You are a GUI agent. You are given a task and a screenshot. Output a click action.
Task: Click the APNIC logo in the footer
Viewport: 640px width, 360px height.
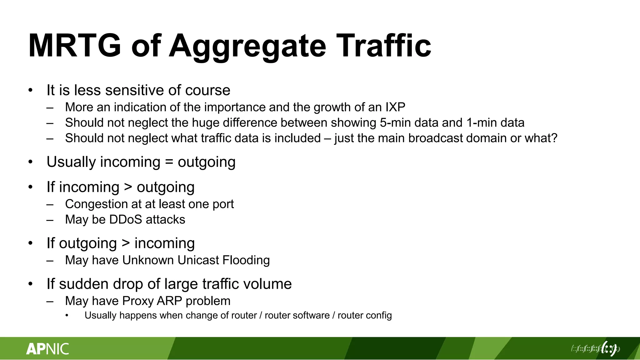tap(47, 349)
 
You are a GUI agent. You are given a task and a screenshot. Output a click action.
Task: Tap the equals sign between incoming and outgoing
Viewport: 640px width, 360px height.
tap(169, 162)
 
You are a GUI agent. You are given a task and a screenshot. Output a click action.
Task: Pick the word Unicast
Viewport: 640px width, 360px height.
tap(198, 260)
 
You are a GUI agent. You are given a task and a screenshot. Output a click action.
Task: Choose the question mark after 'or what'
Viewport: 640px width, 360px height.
tap(554, 138)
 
